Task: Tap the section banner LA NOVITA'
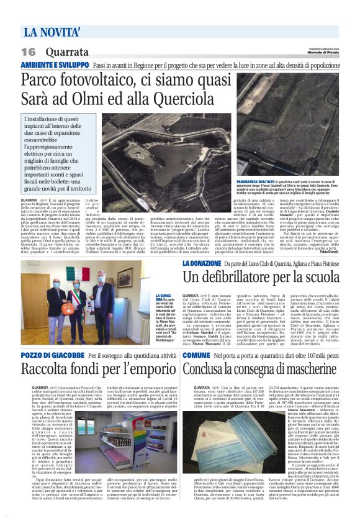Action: (53, 30)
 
